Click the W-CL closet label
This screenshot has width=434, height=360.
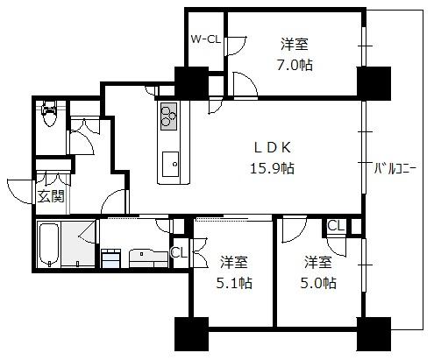(x=206, y=39)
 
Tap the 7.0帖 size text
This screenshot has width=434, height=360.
(x=295, y=65)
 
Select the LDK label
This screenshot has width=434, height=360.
(x=273, y=147)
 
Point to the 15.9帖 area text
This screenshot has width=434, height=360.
(x=272, y=168)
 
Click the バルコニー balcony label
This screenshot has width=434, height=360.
(x=395, y=168)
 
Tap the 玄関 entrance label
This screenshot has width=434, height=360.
(x=51, y=196)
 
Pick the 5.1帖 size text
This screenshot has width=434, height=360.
(x=234, y=283)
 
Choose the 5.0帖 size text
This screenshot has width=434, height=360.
(x=318, y=283)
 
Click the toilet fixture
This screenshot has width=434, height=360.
(x=49, y=113)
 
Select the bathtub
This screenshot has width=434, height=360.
(x=48, y=244)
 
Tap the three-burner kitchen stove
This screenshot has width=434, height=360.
(x=168, y=116)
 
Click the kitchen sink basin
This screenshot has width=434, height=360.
(x=170, y=164)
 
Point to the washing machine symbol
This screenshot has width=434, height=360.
(x=110, y=258)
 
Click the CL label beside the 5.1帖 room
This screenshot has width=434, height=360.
(x=179, y=253)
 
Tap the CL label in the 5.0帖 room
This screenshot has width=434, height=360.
(x=335, y=226)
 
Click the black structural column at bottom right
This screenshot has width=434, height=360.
(x=374, y=334)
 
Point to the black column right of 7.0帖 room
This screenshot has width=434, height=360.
(x=374, y=83)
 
